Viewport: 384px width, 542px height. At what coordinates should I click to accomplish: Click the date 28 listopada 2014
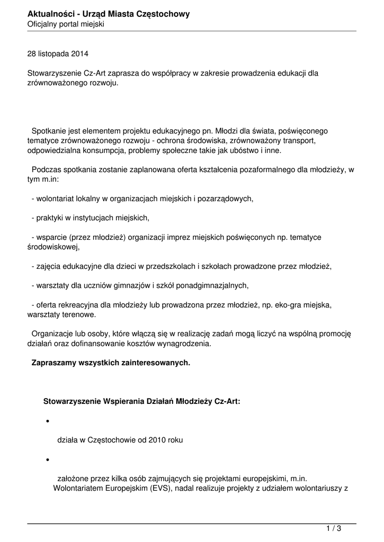pos(58,54)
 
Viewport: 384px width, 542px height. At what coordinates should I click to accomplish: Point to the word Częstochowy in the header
pos(164,14)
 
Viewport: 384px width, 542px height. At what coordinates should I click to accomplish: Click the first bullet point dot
pos(48,422)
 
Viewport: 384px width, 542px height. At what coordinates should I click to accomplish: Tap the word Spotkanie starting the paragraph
pos(49,131)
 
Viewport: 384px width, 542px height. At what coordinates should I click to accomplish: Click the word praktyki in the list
pos(50,218)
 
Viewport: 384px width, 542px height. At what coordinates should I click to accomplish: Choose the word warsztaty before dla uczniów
pos(52,285)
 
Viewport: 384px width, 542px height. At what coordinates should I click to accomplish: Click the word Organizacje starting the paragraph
pos(53,334)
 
